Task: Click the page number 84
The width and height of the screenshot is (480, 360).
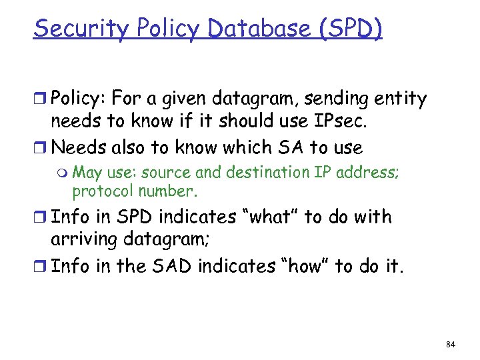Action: pos(450,343)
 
